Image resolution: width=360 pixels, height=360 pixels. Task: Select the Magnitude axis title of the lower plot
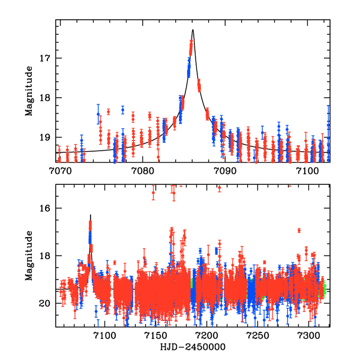(x=29, y=256)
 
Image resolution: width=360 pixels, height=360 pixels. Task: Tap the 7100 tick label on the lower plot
(x=104, y=336)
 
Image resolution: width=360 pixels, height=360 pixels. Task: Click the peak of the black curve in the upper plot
(x=193, y=30)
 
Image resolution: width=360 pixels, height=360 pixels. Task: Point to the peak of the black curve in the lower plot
(x=91, y=214)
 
